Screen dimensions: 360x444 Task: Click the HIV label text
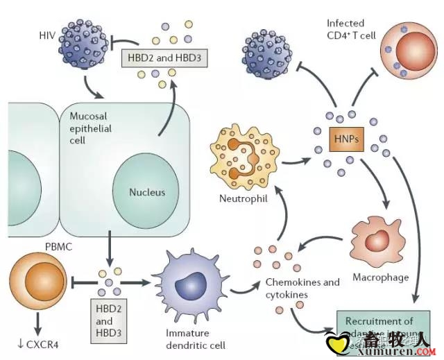point(48,33)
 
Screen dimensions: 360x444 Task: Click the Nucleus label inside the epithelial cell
point(146,191)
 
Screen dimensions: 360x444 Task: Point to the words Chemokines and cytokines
point(302,289)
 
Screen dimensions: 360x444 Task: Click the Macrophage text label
point(381,278)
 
